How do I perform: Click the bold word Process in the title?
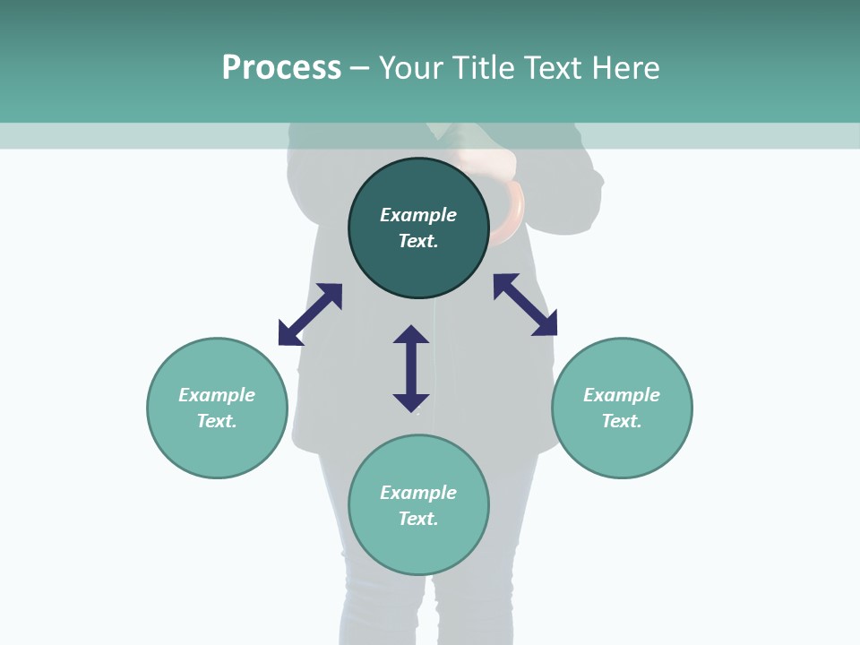tap(281, 67)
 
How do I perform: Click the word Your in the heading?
tap(410, 67)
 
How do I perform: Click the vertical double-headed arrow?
tap(411, 368)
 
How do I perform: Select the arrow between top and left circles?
tap(310, 314)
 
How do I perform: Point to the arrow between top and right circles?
tap(525, 305)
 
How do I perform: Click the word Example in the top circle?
tap(418, 215)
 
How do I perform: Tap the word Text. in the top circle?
tap(418, 241)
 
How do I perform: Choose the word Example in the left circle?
tap(217, 395)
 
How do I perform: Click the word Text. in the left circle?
tap(217, 421)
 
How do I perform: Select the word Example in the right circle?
tap(622, 395)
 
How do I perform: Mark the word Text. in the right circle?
tap(622, 421)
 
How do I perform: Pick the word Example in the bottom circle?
tap(418, 493)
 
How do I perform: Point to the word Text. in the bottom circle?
tap(418, 519)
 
